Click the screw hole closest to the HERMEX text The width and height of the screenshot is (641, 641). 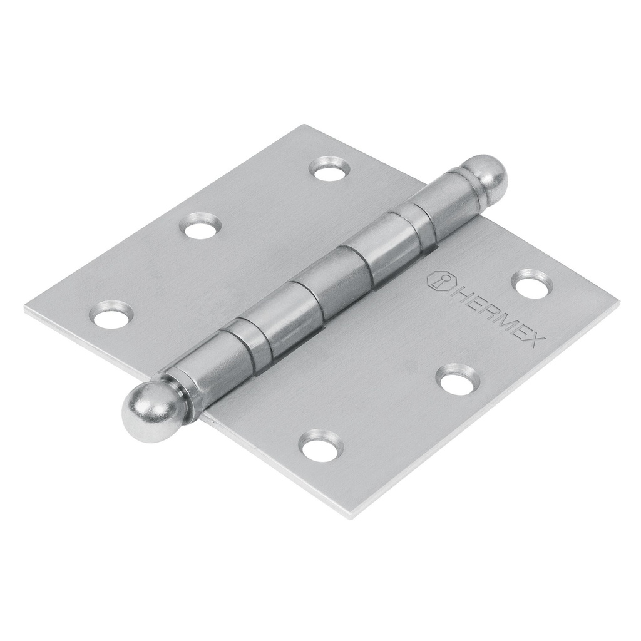point(533,285)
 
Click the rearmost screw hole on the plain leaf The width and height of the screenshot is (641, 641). point(331,168)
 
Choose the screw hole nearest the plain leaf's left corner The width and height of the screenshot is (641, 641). point(113,314)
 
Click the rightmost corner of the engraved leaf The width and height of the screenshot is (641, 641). point(618,303)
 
